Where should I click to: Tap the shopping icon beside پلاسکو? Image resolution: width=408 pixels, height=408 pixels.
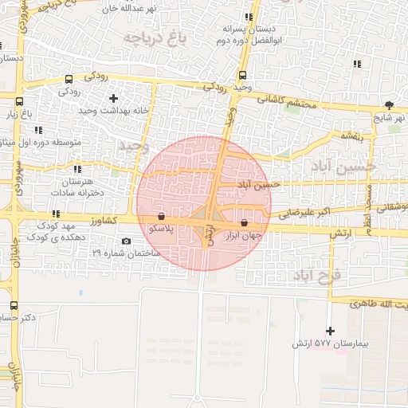click(x=162, y=216)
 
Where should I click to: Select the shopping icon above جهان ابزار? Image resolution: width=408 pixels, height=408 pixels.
click(x=244, y=223)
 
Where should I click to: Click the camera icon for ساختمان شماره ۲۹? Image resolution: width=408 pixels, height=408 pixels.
click(x=126, y=241)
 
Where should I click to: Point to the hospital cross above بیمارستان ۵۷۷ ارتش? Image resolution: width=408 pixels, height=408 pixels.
click(x=331, y=331)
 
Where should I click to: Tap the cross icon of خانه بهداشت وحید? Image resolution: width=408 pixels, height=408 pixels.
click(x=113, y=99)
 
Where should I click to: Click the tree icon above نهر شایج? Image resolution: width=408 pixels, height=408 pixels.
click(x=389, y=104)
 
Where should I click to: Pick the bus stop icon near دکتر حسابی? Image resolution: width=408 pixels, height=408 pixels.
click(x=14, y=305)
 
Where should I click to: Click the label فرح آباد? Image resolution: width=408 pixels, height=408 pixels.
click(x=316, y=275)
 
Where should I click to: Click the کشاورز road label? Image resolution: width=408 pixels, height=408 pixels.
click(x=104, y=219)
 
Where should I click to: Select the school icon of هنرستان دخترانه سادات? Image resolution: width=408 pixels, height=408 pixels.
click(x=77, y=169)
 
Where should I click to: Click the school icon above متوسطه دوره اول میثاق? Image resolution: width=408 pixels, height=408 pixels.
click(x=39, y=130)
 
